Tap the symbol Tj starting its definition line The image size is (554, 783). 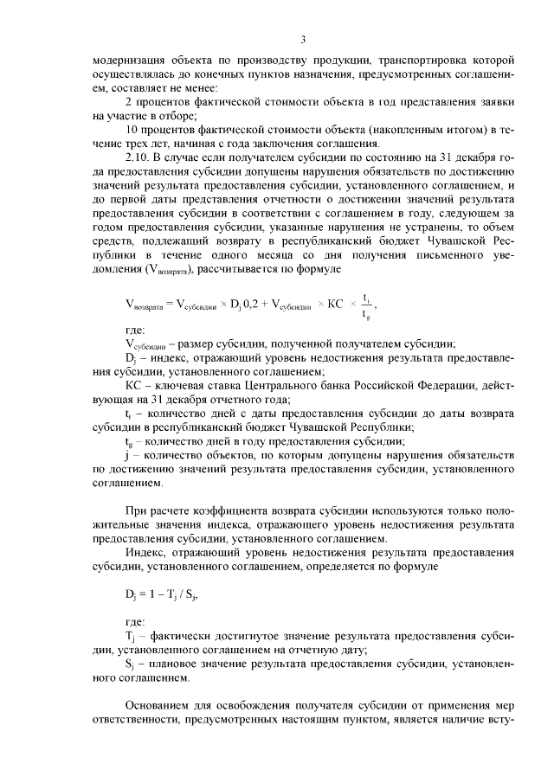130,636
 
